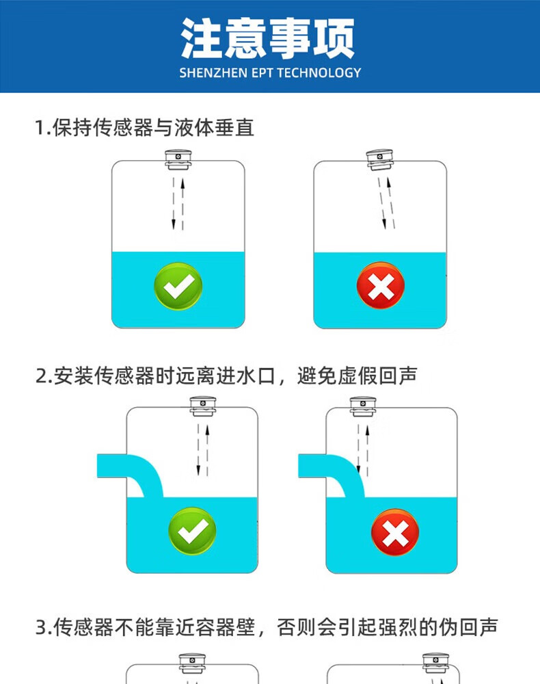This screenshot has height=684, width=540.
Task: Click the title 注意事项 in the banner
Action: click(x=268, y=38)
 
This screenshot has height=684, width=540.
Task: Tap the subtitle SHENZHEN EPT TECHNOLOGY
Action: click(x=270, y=73)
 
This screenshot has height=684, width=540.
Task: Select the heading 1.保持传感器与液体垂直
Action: click(x=145, y=127)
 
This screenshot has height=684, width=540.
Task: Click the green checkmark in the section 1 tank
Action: click(x=178, y=287)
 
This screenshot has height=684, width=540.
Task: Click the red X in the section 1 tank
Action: click(x=381, y=285)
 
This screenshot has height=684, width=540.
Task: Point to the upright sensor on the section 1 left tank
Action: click(x=178, y=159)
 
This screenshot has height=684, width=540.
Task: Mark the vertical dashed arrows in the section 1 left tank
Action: click(x=178, y=203)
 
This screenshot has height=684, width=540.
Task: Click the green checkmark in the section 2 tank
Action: click(x=193, y=531)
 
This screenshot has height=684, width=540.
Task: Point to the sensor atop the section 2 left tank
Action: click(x=203, y=407)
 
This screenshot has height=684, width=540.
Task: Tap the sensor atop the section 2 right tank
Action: click(x=364, y=406)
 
